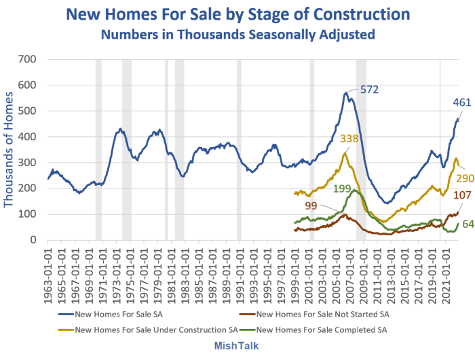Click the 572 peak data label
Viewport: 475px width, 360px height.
click(368, 89)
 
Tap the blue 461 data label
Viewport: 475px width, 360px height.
click(463, 103)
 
